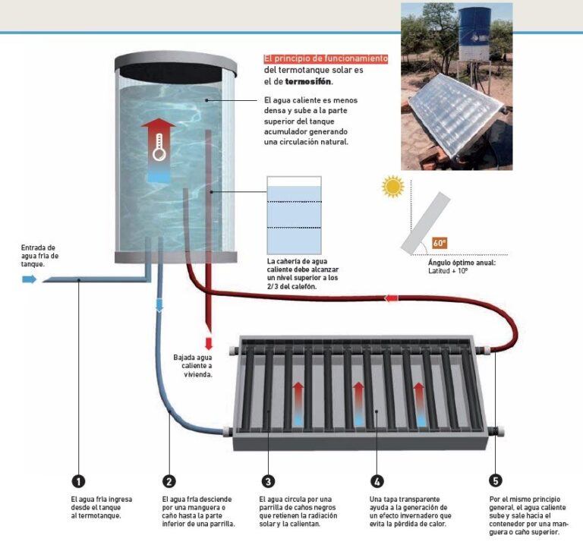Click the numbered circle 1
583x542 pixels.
pyautogui.click(x=77, y=481)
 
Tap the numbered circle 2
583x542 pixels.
pyautogui.click(x=169, y=481)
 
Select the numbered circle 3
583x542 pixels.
pyautogui.click(x=267, y=481)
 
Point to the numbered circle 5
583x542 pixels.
pyautogui.click(x=496, y=481)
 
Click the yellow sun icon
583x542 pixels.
pyautogui.click(x=392, y=186)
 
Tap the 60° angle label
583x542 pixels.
pyautogui.click(x=440, y=243)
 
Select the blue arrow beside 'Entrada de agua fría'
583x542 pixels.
pyautogui.click(x=29, y=279)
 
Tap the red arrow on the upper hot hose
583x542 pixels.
pyautogui.click(x=392, y=298)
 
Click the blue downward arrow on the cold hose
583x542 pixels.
pyautogui.click(x=159, y=305)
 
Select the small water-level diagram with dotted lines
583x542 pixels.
pyautogui.click(x=294, y=214)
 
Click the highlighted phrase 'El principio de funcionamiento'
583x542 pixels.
pyautogui.click(x=326, y=58)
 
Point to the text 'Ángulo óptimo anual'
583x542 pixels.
pyautogui.click(x=462, y=263)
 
